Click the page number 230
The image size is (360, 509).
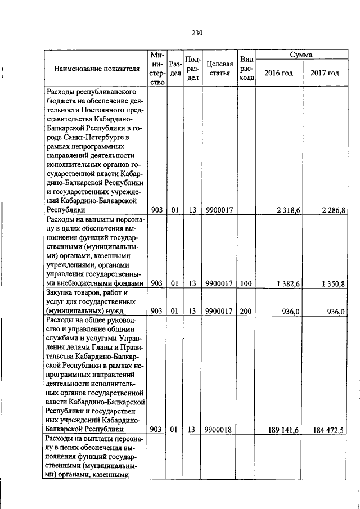pyautogui.click(x=196, y=33)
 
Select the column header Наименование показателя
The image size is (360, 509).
pyautogui.click(x=96, y=69)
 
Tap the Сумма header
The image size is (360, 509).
pyautogui.click(x=301, y=55)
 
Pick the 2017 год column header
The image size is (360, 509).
pyautogui.click(x=325, y=73)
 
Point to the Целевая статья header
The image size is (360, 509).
pyautogui.click(x=219, y=69)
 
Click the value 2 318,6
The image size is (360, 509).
pyautogui.click(x=289, y=210)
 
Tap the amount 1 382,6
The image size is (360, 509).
pyautogui.click(x=289, y=283)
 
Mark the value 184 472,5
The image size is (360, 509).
pyautogui.click(x=328, y=430)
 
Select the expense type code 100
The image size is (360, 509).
pyautogui.click(x=245, y=283)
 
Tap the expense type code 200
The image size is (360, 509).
pyautogui.click(x=245, y=311)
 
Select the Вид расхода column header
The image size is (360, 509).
pyautogui.click(x=246, y=69)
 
